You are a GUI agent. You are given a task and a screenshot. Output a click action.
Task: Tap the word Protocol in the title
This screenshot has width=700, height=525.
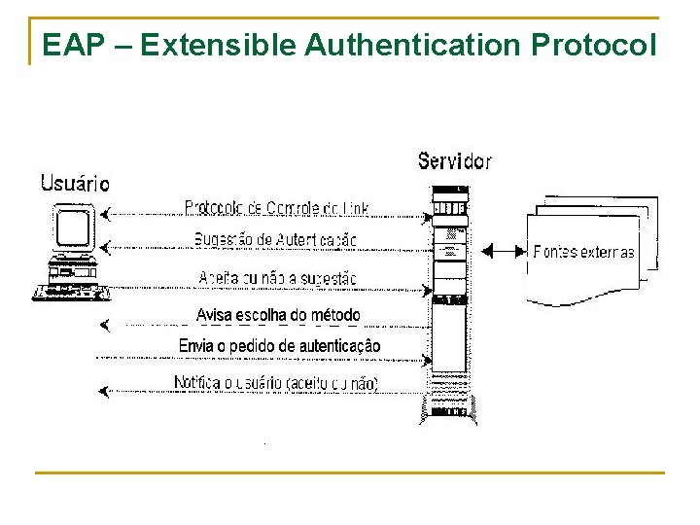click(x=594, y=45)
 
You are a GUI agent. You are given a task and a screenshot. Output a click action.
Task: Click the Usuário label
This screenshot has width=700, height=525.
click(x=75, y=183)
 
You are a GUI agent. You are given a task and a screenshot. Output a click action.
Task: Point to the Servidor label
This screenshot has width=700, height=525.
click(x=455, y=160)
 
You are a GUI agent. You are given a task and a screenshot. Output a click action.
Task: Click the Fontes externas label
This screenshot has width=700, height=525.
click(x=583, y=252)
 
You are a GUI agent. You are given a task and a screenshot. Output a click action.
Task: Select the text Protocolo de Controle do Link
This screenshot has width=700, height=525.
click(x=276, y=208)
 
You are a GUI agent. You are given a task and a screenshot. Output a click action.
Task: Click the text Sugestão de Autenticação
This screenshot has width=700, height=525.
click(x=275, y=239)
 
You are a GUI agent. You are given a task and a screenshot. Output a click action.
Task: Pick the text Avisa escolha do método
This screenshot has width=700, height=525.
click(x=278, y=315)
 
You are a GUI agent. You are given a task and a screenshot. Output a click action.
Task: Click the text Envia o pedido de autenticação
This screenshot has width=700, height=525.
click(x=279, y=346)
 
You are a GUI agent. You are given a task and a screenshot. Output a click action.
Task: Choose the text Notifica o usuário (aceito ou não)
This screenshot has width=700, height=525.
click(x=276, y=383)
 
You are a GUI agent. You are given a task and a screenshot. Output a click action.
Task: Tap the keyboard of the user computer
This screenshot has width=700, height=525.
click(x=69, y=291)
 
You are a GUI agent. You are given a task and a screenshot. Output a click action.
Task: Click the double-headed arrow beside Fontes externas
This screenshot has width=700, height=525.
click(x=503, y=252)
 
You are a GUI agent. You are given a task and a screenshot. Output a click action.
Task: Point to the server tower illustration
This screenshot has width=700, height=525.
click(x=449, y=301)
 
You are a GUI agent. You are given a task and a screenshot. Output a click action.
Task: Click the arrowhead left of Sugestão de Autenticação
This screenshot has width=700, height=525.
click(x=105, y=245)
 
